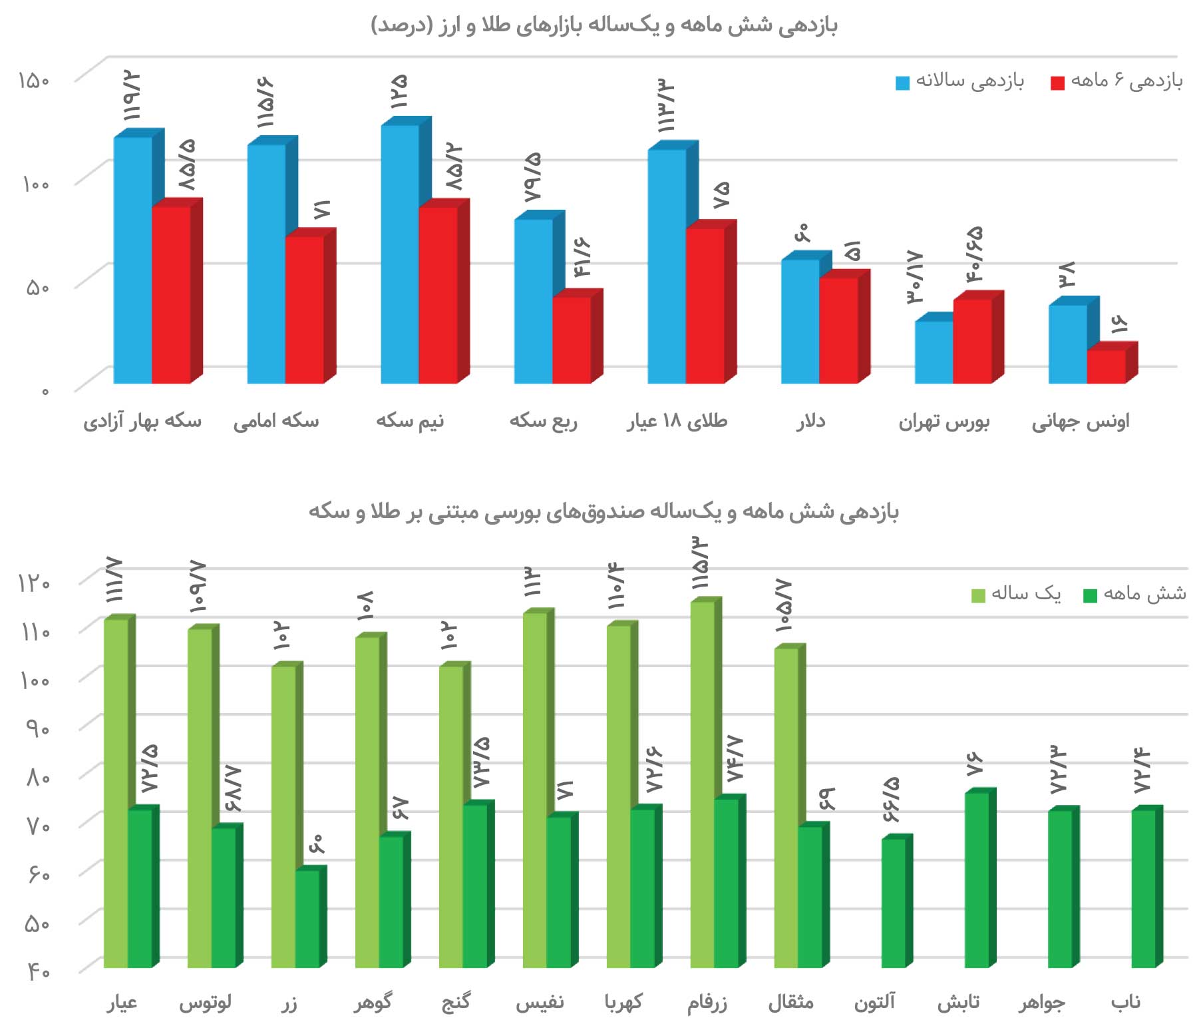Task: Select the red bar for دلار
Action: tap(838, 330)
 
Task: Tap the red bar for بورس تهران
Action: tap(972, 341)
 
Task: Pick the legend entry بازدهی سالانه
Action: tap(960, 82)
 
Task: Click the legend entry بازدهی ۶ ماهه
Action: tap(1117, 82)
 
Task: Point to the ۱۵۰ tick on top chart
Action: tap(34, 81)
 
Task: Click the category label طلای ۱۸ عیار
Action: tap(677, 421)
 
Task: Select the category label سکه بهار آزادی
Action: tap(142, 421)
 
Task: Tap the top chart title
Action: tap(603, 25)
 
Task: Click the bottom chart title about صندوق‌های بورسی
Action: tap(603, 511)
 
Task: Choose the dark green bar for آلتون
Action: tap(893, 903)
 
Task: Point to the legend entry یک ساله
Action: tap(1016, 593)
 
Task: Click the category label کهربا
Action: tap(623, 1003)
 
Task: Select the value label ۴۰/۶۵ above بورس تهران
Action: tap(974, 254)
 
